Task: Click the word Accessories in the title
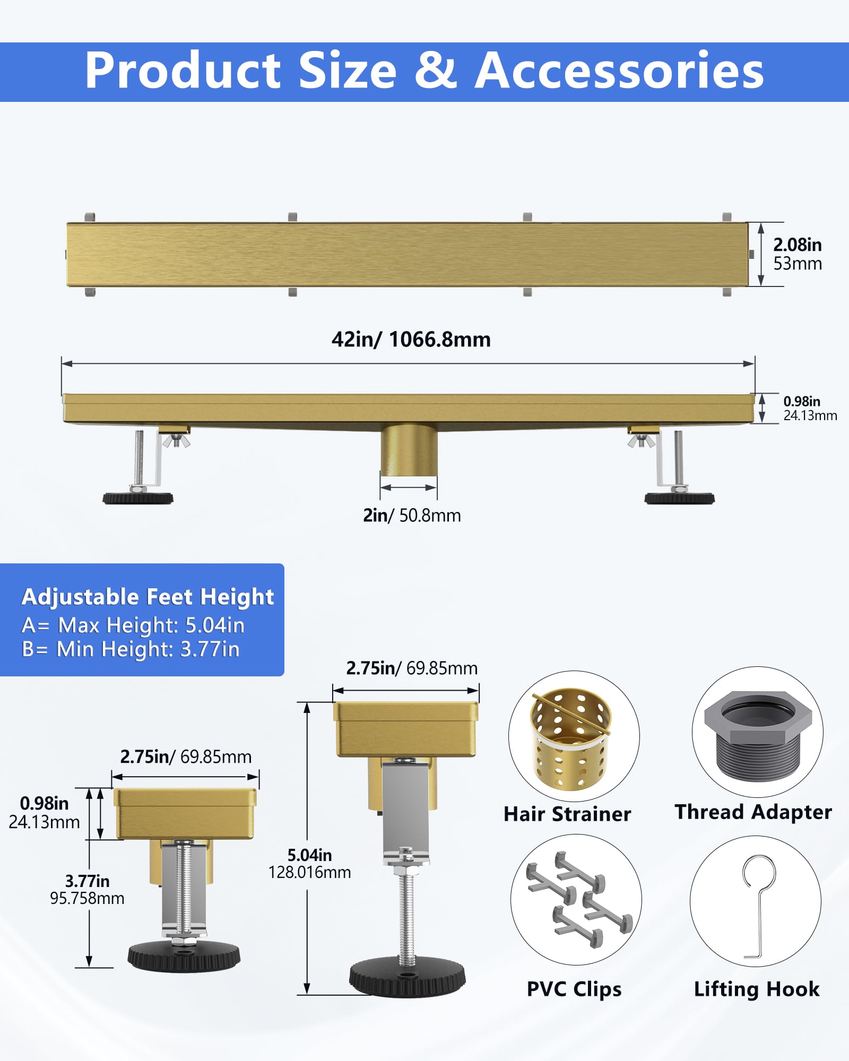(619, 71)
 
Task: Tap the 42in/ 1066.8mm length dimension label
(411, 340)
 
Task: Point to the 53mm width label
(798, 264)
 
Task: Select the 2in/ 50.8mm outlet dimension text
(412, 515)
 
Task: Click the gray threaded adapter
(758, 736)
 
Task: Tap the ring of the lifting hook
(759, 871)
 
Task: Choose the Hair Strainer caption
(567, 814)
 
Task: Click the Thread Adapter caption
(753, 812)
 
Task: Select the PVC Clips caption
(574, 989)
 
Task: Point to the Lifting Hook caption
(757, 989)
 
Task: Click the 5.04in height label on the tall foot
(310, 855)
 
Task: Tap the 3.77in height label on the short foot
(88, 881)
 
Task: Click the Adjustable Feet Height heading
(148, 597)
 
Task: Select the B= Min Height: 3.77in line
(131, 649)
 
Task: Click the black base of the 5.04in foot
(407, 978)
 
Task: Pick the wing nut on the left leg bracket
(176, 440)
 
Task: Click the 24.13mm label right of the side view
(810, 415)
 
